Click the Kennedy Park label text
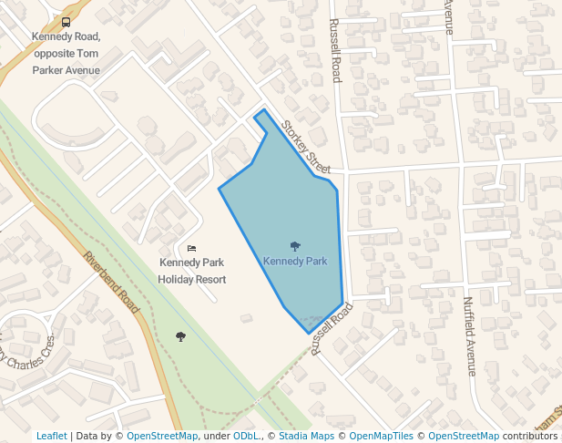coord(295,261)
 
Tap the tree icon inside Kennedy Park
coord(295,246)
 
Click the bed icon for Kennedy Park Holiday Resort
coord(191,248)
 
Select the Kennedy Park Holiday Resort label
coord(191,271)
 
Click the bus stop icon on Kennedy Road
coord(66,22)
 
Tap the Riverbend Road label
coord(114,283)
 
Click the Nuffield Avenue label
coord(469,336)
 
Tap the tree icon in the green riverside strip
coord(180,336)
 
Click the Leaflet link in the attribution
coord(52,436)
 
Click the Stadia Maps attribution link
coord(305,436)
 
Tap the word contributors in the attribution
coord(530,436)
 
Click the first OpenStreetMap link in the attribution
coord(162,436)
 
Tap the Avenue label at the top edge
coord(448,14)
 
